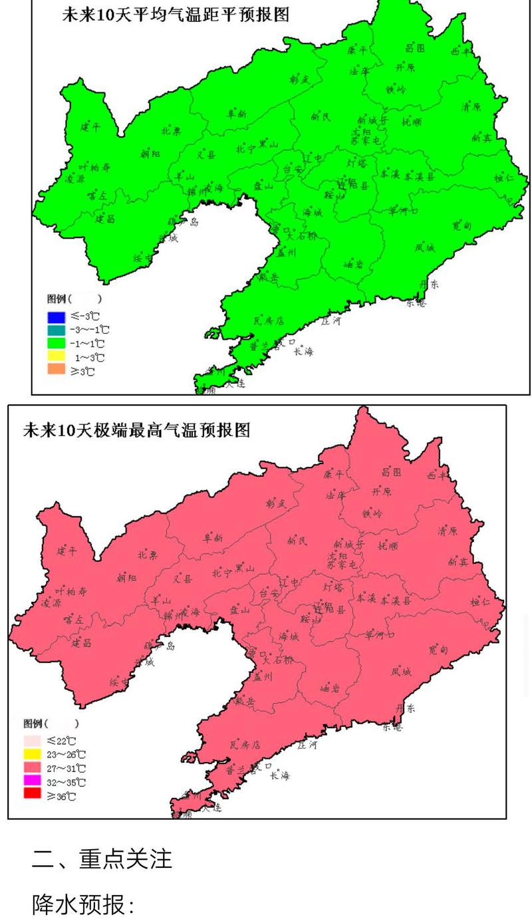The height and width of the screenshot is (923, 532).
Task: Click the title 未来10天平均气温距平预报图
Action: tap(176, 15)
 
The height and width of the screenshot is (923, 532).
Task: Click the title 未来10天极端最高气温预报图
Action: tap(137, 430)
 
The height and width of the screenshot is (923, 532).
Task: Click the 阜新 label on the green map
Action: tap(237, 114)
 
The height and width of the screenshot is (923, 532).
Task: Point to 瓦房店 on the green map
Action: tap(269, 321)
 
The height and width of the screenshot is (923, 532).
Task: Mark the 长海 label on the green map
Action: tap(304, 350)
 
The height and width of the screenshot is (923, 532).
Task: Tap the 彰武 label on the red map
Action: tap(275, 503)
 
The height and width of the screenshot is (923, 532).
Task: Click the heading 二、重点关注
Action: tap(102, 858)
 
